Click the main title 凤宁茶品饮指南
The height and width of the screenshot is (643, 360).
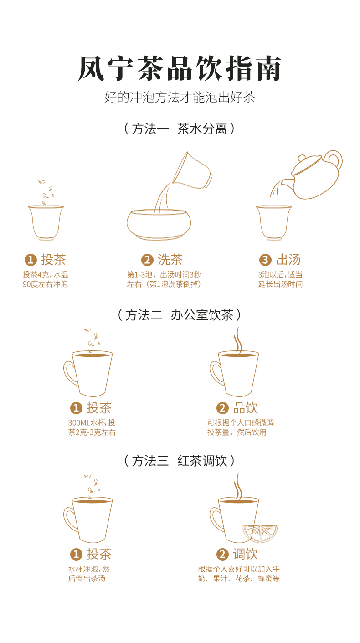180,69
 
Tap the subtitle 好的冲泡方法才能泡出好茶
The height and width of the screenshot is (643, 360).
180,98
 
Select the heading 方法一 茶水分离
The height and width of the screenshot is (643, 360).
180,129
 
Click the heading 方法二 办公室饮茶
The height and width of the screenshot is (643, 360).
180,315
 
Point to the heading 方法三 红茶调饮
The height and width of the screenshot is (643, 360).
180,461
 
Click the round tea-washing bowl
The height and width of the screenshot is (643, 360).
159,225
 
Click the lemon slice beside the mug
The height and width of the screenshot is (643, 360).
260,533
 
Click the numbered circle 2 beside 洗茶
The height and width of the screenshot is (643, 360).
147,260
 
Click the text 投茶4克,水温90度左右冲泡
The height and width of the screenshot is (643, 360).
46,279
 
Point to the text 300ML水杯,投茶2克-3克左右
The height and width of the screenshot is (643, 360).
92,427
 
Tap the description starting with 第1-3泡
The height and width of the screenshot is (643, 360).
164,279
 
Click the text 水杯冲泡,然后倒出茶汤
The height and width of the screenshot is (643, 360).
89,574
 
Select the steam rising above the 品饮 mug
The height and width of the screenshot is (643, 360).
238,340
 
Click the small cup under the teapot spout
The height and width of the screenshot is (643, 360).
273,222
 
